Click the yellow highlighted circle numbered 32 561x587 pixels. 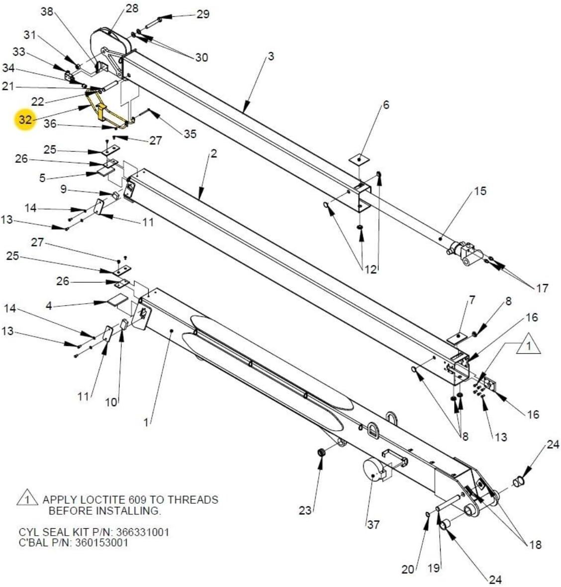(25, 120)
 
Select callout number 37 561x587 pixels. (373, 524)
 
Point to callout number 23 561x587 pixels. (305, 510)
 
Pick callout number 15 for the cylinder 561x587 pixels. (480, 191)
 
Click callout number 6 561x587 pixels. (386, 105)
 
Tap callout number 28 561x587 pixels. (132, 8)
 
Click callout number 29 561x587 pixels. (202, 14)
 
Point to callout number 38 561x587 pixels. (47, 11)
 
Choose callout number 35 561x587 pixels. (190, 133)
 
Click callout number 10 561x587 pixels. (111, 402)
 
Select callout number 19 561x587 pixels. (434, 568)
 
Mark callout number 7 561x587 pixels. (472, 300)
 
